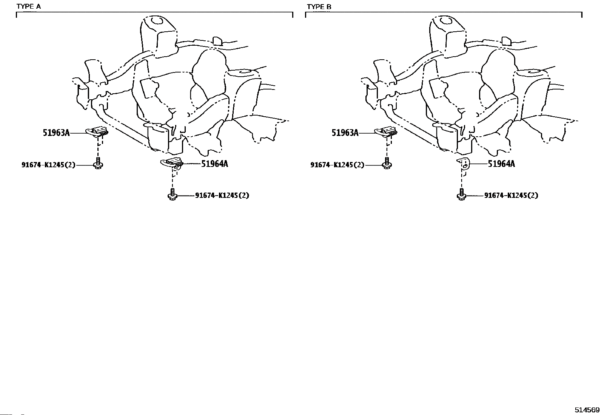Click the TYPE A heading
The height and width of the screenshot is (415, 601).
point(29,7)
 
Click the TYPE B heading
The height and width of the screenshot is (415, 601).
point(319,7)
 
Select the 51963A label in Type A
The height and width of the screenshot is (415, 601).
point(56,133)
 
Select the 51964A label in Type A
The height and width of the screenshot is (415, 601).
point(214,164)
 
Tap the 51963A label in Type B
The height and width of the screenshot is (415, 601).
point(345,133)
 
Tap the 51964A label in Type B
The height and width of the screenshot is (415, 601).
point(501,164)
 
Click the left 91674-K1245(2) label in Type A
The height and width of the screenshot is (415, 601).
point(48,165)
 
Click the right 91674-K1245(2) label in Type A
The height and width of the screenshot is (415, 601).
point(222,195)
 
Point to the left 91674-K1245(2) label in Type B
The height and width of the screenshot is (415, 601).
point(337,165)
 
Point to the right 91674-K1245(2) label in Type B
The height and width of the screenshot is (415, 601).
point(511,195)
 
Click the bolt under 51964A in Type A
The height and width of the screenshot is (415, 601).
point(172,195)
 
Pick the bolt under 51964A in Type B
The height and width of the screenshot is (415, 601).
point(461,195)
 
